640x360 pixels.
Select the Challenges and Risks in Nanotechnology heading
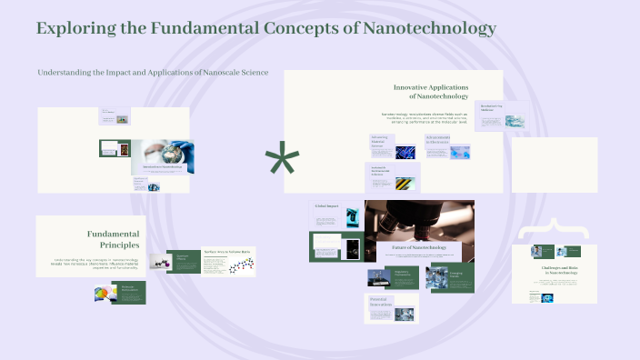click(554, 271)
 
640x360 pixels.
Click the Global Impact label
click(326, 207)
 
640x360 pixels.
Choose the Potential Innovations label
click(380, 302)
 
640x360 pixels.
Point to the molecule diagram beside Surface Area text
click(237, 266)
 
